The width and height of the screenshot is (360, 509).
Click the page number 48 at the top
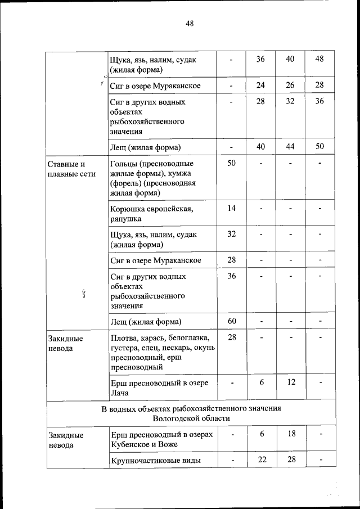(x=189, y=23)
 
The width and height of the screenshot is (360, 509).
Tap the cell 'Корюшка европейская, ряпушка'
(x=152, y=214)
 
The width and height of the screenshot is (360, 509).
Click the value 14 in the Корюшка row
(x=231, y=209)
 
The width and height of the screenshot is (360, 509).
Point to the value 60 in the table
(x=231, y=321)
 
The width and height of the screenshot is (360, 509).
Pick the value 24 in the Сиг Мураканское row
(x=260, y=85)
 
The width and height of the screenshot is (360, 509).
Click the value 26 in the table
(x=290, y=85)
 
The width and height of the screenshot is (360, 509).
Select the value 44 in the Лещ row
(x=290, y=146)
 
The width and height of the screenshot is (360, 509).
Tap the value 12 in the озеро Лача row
(x=290, y=382)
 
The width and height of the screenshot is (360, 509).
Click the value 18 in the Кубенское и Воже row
(x=290, y=435)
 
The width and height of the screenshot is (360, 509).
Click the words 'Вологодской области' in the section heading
(x=191, y=418)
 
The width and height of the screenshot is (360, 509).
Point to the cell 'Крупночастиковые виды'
(x=156, y=461)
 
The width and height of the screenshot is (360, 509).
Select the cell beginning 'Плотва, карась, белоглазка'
(x=160, y=352)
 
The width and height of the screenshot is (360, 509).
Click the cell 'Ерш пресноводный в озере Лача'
(x=152, y=388)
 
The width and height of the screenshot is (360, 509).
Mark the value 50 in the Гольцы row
(x=231, y=164)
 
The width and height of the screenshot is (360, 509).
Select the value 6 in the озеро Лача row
(x=261, y=382)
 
